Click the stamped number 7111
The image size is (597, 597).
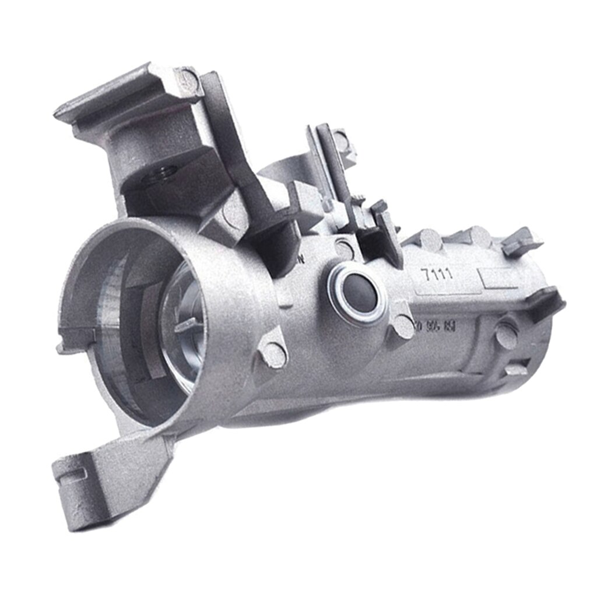[439, 275]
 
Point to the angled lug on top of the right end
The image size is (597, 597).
[522, 241]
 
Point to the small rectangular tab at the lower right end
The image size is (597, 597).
[516, 370]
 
